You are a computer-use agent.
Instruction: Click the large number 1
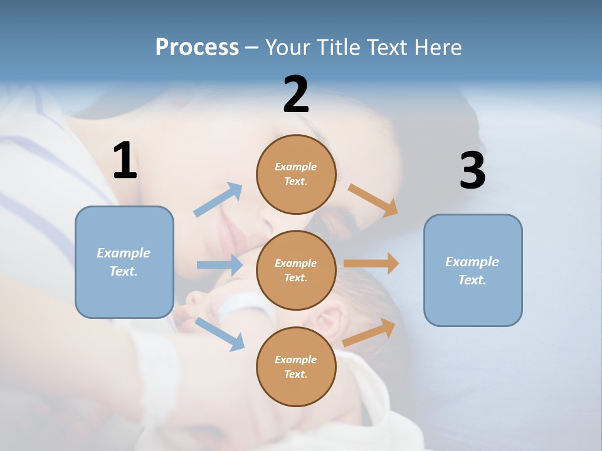pyautogui.click(x=125, y=160)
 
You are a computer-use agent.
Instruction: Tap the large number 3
pyautogui.click(x=472, y=171)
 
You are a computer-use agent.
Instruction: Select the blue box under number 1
pyautogui.click(x=124, y=262)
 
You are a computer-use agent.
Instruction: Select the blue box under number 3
pyautogui.click(x=473, y=270)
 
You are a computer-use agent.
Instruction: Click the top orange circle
pyautogui.click(x=296, y=174)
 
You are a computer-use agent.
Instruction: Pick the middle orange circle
pyautogui.click(x=296, y=270)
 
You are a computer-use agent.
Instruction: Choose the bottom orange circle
pyautogui.click(x=296, y=366)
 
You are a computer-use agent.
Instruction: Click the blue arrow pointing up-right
pyautogui.click(x=218, y=200)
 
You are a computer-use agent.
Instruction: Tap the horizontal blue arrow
pyautogui.click(x=219, y=265)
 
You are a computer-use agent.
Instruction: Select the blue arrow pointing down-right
pyautogui.click(x=219, y=334)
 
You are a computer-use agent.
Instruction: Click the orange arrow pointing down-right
pyautogui.click(x=373, y=200)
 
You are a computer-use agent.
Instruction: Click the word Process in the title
pyautogui.click(x=197, y=47)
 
